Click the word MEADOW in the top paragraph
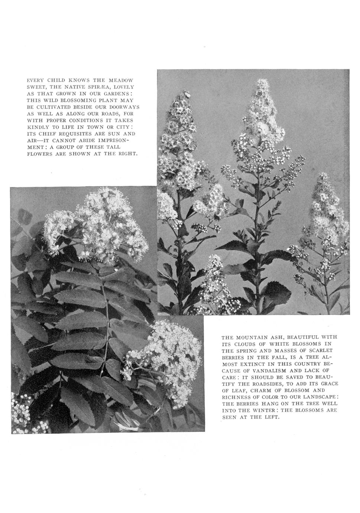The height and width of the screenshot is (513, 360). click(x=120, y=80)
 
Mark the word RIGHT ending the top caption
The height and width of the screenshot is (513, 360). click(x=127, y=154)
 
